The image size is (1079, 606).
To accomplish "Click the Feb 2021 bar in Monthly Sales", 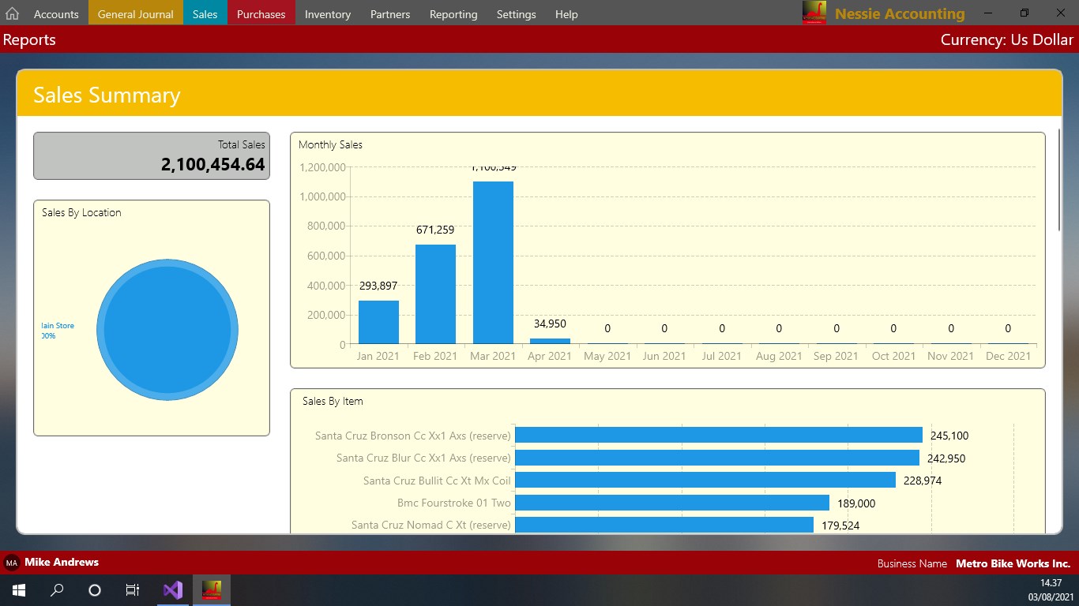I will pos(435,294).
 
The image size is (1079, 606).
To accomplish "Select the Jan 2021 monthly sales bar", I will pos(378,322).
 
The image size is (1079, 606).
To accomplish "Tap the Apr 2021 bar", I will pos(550,341).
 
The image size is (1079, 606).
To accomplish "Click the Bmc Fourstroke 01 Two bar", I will pos(671,503).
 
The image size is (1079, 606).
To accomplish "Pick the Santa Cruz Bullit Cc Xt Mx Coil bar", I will pos(705,481).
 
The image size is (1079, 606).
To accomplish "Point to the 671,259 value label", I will pos(435,230).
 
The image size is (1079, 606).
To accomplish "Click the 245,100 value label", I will pos(949,436).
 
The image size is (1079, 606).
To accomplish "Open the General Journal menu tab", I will pos(135,14).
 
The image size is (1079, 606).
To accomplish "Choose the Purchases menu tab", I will pos(261,14).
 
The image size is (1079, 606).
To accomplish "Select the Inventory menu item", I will pos(327,14).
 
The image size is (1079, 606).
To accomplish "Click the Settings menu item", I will pos(516,14).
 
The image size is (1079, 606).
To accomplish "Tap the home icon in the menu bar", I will pos(12,14).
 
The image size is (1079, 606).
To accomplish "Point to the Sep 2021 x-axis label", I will pos(836,356).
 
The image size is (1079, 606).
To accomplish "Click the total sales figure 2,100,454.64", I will pos(212,164).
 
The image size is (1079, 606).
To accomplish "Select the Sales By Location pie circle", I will pos(167,330).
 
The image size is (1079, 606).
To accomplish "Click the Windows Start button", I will pos(18,590).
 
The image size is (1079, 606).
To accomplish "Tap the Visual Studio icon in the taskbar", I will pos(172,590).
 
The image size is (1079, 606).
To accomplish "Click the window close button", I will pos(1060,13).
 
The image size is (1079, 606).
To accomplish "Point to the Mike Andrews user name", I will pos(62,563).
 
